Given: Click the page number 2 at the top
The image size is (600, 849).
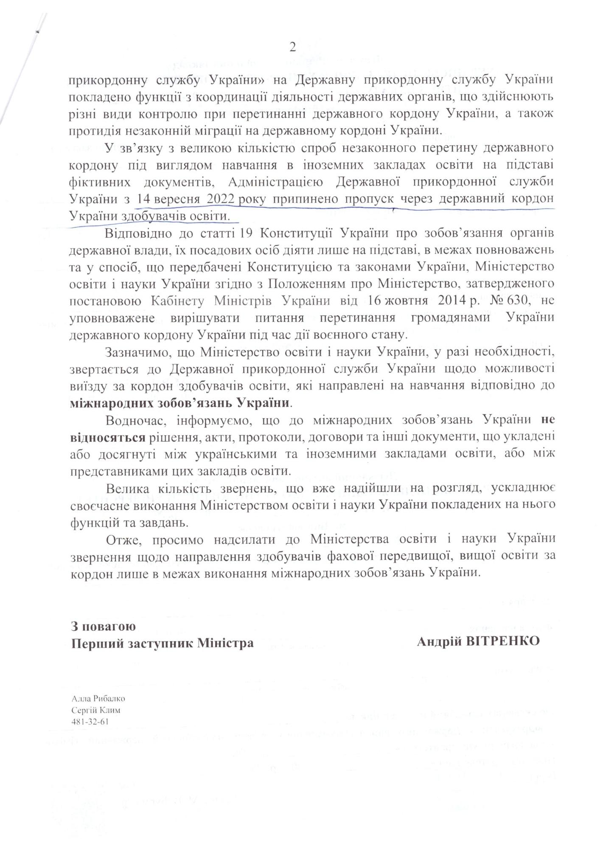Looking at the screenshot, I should pyautogui.click(x=292, y=48).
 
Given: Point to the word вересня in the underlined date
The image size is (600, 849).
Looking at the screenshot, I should pyautogui.click(x=177, y=199).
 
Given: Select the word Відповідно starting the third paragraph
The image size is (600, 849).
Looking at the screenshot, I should pyautogui.click(x=135, y=233).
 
